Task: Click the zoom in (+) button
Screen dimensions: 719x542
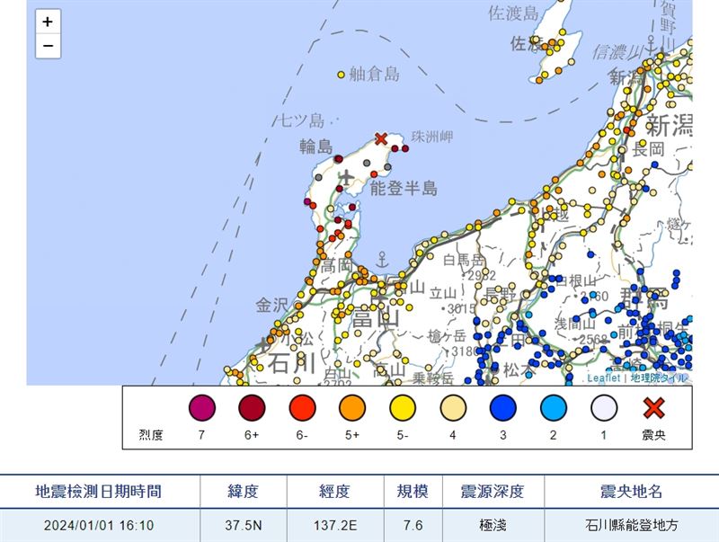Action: [48, 22]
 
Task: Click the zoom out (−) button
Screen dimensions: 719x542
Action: [48, 46]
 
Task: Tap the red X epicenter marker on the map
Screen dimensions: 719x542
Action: [381, 138]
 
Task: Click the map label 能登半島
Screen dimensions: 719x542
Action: [404, 188]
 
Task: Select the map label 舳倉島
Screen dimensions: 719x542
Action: [374, 75]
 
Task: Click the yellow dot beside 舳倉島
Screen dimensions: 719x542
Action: [341, 76]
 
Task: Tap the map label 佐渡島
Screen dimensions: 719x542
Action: [513, 13]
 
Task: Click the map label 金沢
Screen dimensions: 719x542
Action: [272, 306]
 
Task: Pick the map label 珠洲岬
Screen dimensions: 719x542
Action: [431, 136]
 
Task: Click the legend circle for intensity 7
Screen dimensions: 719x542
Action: [201, 409]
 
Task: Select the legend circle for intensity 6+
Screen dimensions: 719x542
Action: [252, 409]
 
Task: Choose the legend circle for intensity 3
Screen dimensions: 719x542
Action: [503, 409]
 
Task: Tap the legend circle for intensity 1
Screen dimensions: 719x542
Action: [604, 409]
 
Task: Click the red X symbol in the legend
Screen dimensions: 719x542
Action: [654, 409]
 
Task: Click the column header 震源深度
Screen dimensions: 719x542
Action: [491, 492]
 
